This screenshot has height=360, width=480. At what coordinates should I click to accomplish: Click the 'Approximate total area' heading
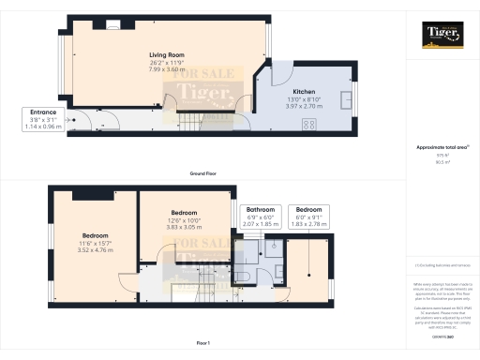pyautogui.click(x=442, y=148)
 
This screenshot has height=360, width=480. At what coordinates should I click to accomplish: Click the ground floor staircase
pyautogui.click(x=193, y=120)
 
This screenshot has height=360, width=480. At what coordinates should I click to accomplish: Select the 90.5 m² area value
pyautogui.click(x=442, y=162)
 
